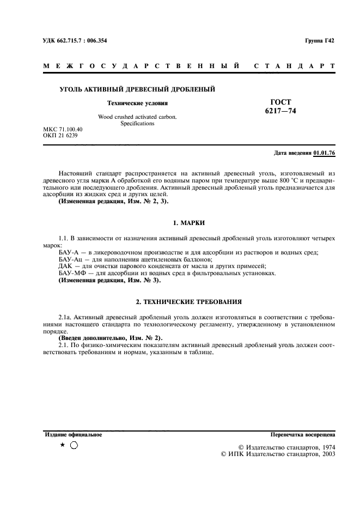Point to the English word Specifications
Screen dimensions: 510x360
137,124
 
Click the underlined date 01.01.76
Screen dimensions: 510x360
324,153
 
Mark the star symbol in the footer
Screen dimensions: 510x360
63,445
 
